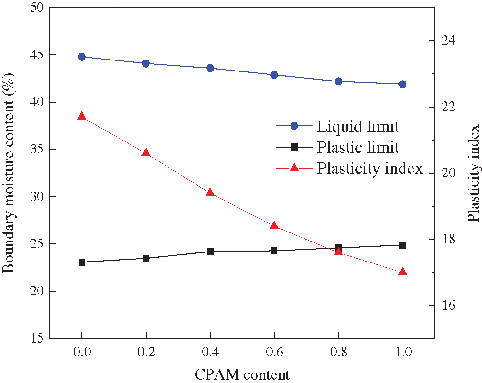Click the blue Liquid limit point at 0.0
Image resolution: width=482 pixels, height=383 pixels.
(x=81, y=57)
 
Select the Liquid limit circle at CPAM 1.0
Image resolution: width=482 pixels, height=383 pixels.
(x=403, y=84)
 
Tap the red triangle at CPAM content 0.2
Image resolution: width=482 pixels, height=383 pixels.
(x=146, y=153)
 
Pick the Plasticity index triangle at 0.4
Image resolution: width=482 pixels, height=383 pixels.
(x=210, y=192)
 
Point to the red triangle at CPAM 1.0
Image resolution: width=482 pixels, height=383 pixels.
(x=403, y=272)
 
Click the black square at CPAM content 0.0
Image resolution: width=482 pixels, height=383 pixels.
(x=81, y=262)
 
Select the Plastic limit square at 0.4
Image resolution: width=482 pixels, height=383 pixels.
(x=210, y=252)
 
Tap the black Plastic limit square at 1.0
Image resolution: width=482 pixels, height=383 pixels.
(x=403, y=245)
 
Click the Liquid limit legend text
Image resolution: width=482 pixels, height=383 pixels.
(x=358, y=126)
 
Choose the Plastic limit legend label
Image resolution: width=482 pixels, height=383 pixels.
(x=358, y=147)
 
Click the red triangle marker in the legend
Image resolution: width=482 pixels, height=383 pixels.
(x=294, y=168)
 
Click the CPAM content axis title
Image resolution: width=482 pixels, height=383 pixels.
(x=242, y=375)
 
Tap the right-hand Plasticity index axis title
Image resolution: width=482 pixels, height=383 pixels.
(x=472, y=173)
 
